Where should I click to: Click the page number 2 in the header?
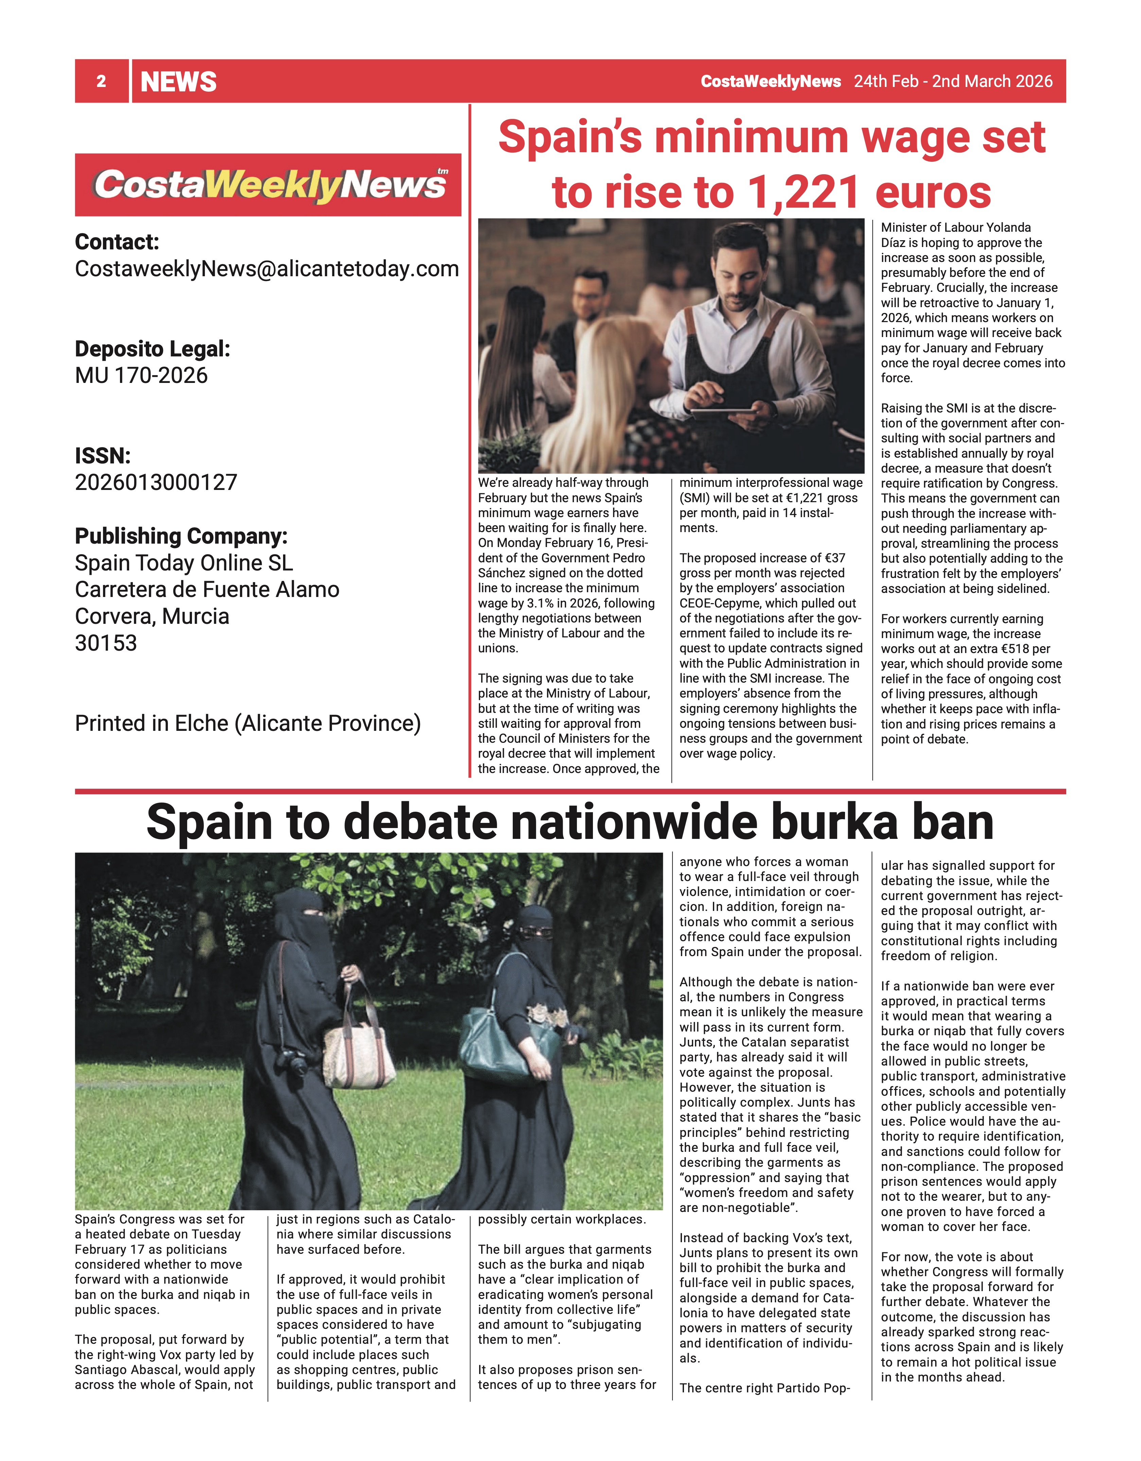tap(101, 82)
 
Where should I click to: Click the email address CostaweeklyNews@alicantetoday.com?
tap(267, 268)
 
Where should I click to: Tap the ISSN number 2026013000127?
tap(156, 482)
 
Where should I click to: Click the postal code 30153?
tap(106, 643)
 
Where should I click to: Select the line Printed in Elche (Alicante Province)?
tap(247, 723)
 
